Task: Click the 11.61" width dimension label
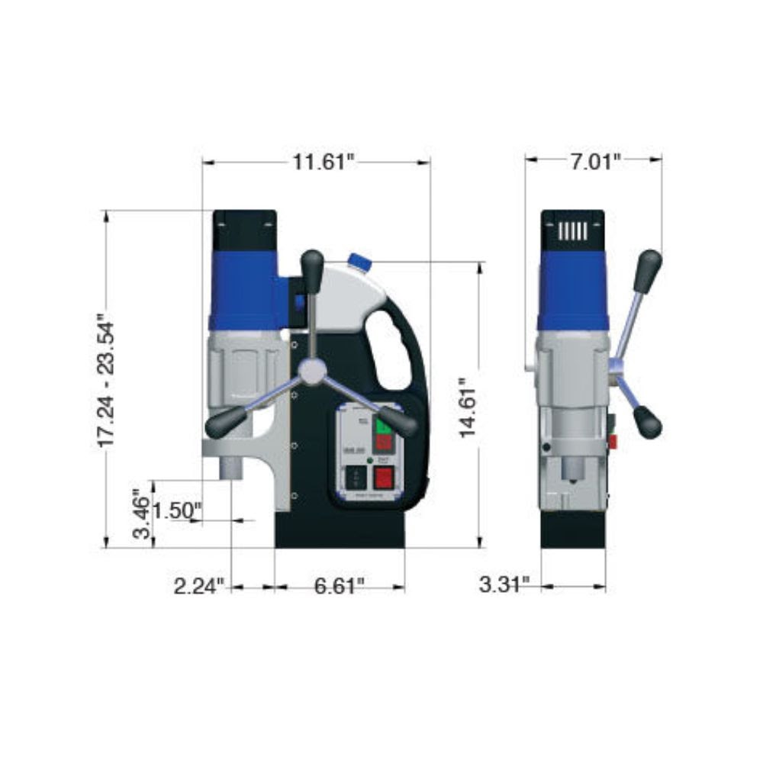click(324, 162)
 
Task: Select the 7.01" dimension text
click(596, 161)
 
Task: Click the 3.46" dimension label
click(141, 513)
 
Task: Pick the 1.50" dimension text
click(176, 510)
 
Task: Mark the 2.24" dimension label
click(200, 586)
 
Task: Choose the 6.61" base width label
click(339, 586)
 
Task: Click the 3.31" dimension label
click(504, 585)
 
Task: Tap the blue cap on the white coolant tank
click(359, 262)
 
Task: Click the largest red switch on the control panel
click(382, 478)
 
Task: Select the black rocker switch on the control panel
click(353, 478)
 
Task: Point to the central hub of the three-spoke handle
click(311, 371)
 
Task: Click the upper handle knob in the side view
click(648, 269)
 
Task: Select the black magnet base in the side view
click(573, 530)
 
